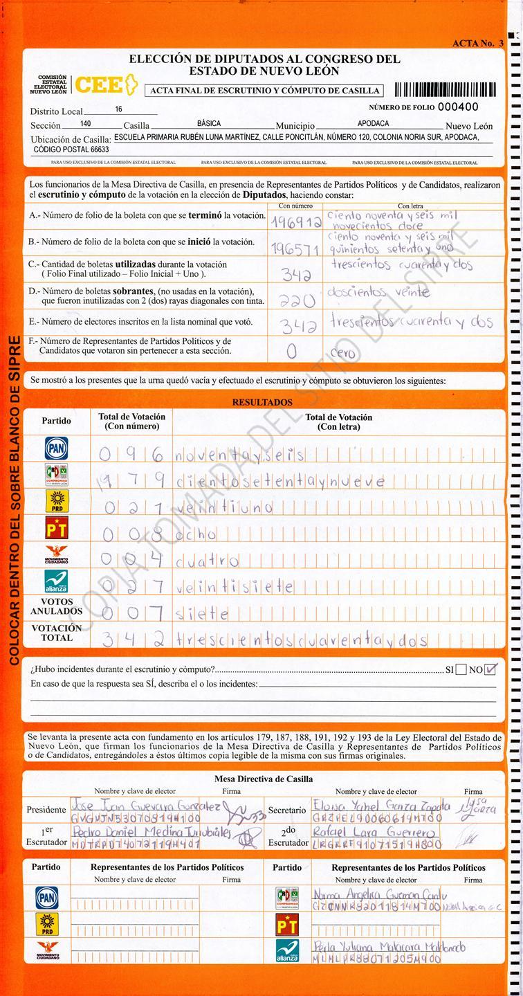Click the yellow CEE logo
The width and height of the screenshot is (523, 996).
click(x=101, y=85)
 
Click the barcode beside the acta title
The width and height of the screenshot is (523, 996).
click(x=445, y=90)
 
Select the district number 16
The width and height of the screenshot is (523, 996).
click(x=119, y=109)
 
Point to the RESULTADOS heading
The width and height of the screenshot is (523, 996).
click(x=262, y=402)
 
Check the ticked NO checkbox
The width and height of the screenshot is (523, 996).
click(x=492, y=669)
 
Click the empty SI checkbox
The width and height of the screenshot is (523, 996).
click(x=461, y=669)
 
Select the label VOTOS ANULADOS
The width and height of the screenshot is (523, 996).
click(x=56, y=607)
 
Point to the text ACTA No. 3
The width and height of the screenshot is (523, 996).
click(x=478, y=43)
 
